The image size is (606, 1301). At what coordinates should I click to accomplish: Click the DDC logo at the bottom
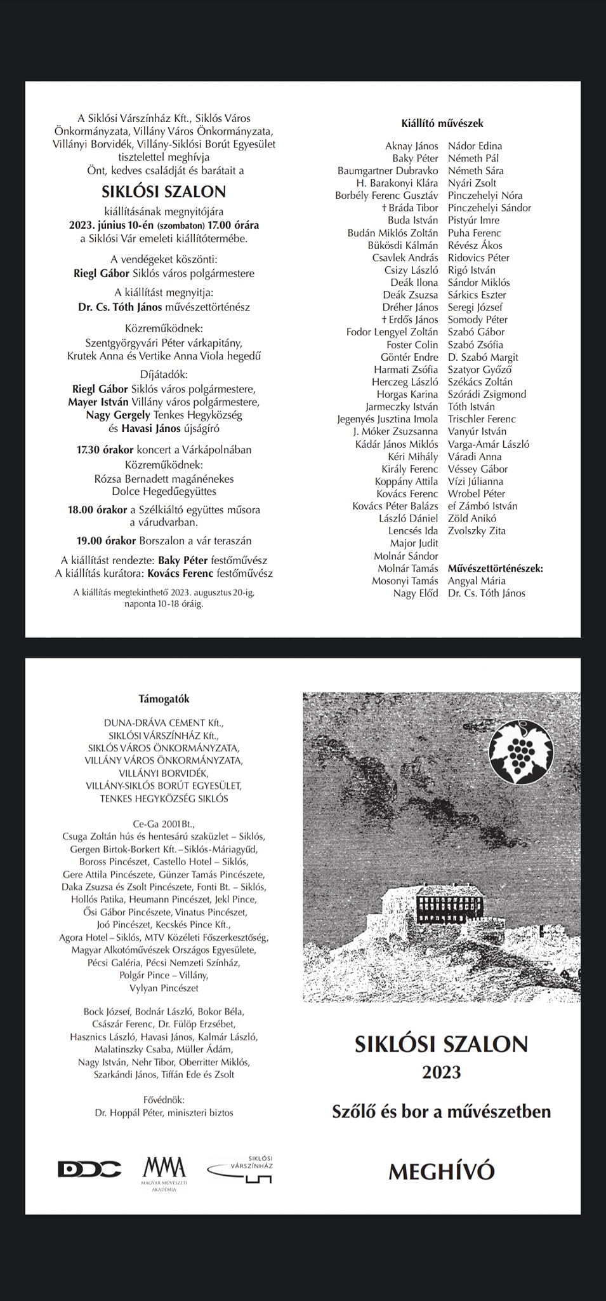tap(89, 1169)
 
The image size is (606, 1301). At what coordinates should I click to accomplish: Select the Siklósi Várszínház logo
tap(242, 1168)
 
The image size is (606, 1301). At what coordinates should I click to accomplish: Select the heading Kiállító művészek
tap(442, 123)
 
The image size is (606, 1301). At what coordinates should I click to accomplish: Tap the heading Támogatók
tap(164, 699)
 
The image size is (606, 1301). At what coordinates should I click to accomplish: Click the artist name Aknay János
tap(411, 146)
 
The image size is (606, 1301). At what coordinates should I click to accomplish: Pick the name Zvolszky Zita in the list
tap(477, 531)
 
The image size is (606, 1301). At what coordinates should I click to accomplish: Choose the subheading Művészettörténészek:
tap(496, 569)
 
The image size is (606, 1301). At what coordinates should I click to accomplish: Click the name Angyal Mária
tap(477, 581)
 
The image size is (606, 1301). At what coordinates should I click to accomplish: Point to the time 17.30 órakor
tap(105, 450)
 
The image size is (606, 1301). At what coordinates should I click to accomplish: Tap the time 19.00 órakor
tap(102, 541)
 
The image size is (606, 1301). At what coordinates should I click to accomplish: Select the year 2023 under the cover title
tap(441, 1072)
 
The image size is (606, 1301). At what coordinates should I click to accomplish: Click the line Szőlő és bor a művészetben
tap(441, 1112)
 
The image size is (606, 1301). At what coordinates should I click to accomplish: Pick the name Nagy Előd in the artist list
tap(416, 593)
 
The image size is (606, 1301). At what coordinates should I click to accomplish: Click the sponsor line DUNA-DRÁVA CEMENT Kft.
tap(164, 723)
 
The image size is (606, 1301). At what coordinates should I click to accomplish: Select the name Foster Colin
tap(412, 344)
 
